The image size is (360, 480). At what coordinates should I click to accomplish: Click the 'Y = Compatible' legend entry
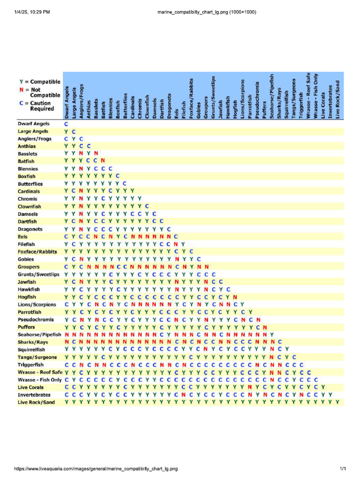click(x=40, y=82)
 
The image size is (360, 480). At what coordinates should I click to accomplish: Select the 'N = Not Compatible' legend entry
click(x=40, y=92)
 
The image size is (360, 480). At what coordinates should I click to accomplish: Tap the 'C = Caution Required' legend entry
click(x=40, y=106)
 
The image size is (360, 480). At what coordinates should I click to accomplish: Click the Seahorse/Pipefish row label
click(x=39, y=334)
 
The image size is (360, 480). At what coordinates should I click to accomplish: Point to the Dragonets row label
click(x=30, y=229)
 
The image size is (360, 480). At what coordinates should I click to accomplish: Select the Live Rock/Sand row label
click(x=36, y=402)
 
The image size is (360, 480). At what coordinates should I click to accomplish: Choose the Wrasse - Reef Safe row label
click(x=40, y=372)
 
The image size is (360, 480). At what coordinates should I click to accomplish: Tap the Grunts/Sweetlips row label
click(x=38, y=274)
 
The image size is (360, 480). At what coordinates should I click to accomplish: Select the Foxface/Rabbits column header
click(x=191, y=96)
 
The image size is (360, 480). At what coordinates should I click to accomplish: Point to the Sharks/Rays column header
click(x=279, y=100)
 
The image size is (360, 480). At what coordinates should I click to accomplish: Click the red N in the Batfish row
click(x=103, y=161)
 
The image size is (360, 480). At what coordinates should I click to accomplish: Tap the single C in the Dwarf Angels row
click(x=66, y=124)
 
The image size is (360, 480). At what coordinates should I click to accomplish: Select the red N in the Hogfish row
click(x=235, y=297)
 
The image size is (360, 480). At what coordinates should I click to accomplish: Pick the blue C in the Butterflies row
click(x=125, y=184)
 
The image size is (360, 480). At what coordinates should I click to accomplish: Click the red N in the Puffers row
click(x=265, y=327)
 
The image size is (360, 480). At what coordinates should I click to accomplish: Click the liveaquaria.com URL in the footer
click(x=96, y=469)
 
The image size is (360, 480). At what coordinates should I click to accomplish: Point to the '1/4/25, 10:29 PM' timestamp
click(x=32, y=12)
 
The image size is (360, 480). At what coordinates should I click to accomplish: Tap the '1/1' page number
click(x=343, y=469)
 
